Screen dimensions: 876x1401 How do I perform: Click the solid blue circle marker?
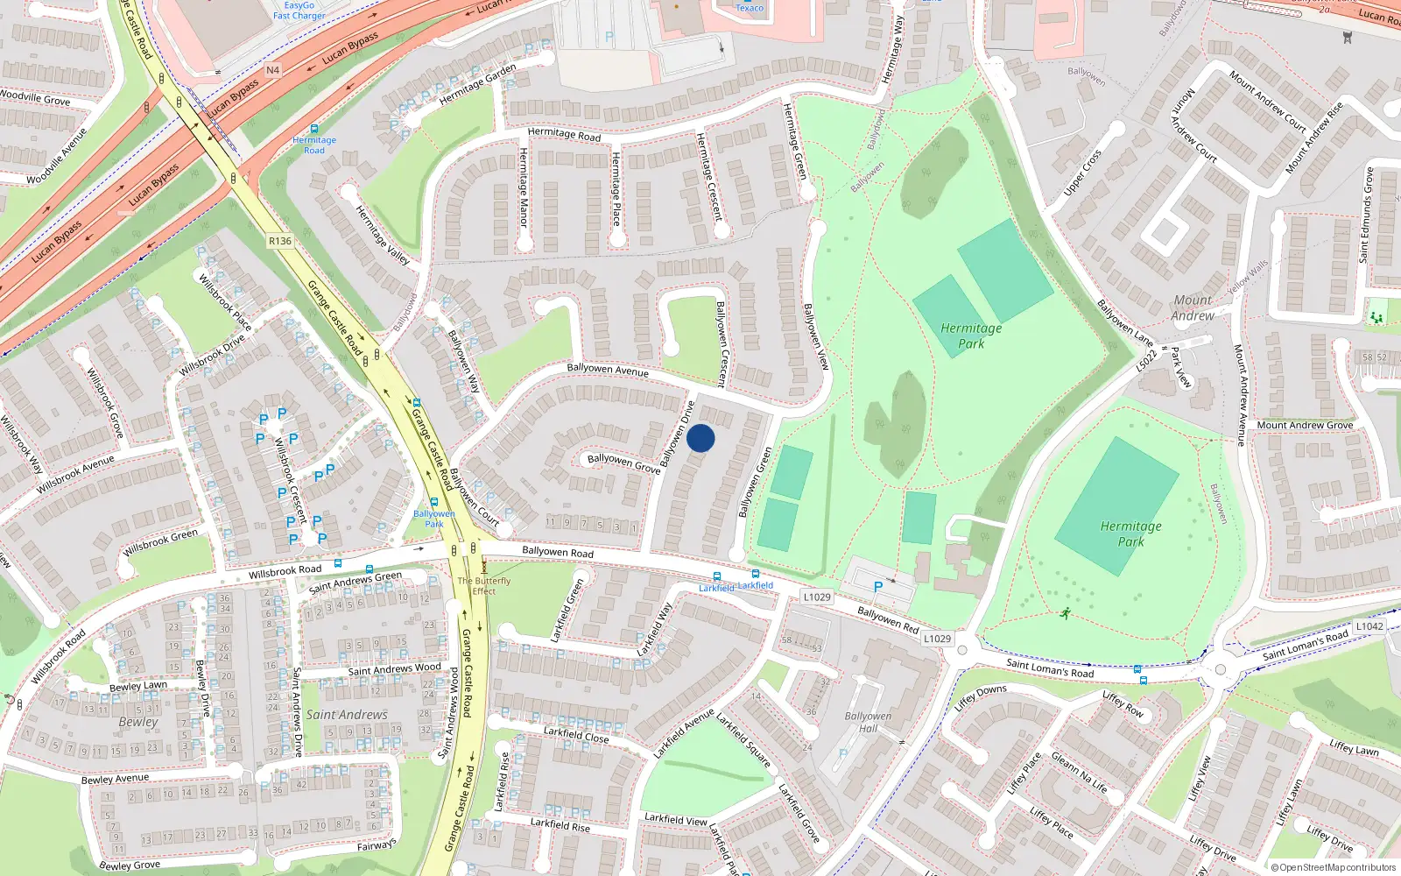(700, 438)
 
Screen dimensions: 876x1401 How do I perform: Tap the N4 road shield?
(272, 70)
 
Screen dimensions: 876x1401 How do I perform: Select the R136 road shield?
(280, 241)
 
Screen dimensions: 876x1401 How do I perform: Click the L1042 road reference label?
(1369, 626)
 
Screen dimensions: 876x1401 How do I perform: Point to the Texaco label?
(750, 8)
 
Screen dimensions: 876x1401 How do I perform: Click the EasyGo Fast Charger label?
(299, 11)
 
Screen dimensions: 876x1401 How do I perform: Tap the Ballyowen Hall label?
(868, 722)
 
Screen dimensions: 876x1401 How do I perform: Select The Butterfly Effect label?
(483, 586)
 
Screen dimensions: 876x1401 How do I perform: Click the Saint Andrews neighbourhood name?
(347, 715)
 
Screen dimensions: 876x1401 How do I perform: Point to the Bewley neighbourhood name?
(138, 722)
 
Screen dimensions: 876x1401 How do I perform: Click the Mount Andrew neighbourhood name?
(1193, 307)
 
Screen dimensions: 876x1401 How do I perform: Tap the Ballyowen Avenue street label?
(608, 370)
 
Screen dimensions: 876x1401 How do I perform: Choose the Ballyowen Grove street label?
(623, 463)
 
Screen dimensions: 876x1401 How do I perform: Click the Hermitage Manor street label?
(524, 187)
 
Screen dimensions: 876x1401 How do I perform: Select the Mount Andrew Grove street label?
(1305, 425)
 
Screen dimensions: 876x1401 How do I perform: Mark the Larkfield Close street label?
(575, 734)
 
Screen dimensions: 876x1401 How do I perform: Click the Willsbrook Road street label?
(285, 571)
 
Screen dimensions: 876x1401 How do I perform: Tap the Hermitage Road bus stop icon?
(314, 129)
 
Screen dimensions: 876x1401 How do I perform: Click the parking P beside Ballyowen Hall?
(843, 753)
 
